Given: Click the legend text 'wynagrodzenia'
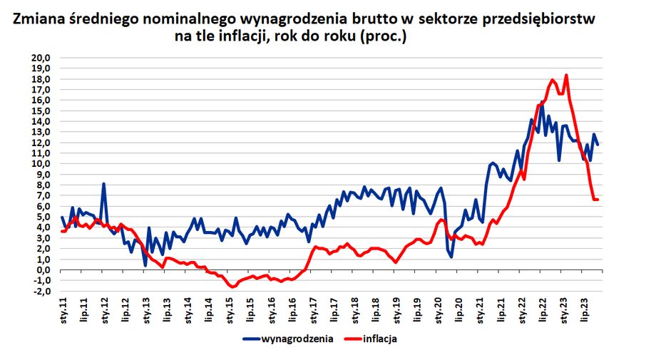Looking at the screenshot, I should point(297,339).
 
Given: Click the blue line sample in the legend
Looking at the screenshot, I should point(251,339).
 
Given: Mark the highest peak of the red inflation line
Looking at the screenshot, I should point(566,75).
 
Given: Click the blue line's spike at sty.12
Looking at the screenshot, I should point(104,184).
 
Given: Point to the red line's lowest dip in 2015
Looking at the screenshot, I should point(232,287).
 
